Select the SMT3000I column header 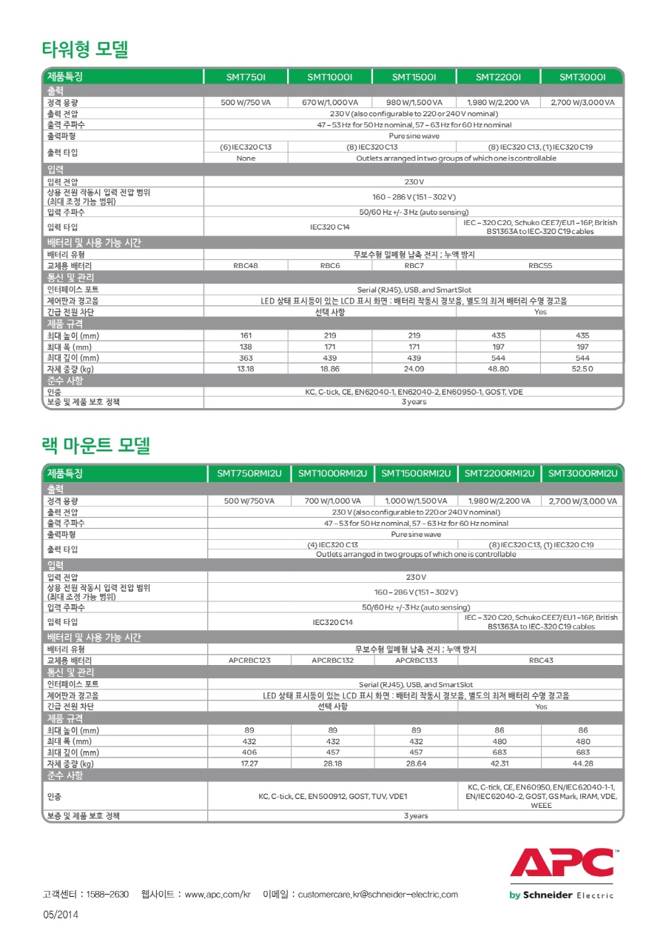point(582,77)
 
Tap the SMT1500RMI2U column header point(416,473)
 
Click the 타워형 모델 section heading point(85,50)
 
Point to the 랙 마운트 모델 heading point(96,445)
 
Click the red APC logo point(562,863)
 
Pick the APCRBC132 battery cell point(332,660)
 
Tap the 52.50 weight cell point(582,368)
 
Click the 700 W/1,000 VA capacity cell point(333,501)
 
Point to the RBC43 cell point(541,660)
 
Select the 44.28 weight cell point(583,764)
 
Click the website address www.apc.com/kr point(218,895)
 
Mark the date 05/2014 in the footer point(61,915)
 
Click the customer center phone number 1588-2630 point(107,895)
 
